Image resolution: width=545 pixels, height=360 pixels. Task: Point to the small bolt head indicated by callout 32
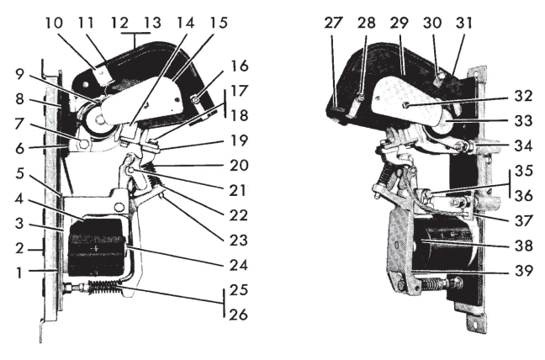click(x=405, y=106)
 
